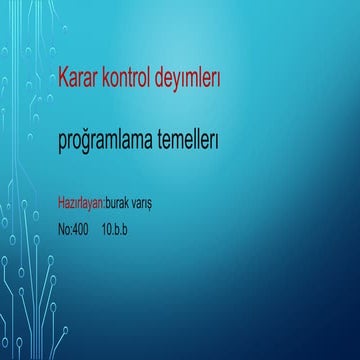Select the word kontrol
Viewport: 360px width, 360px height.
[x=133, y=78]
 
